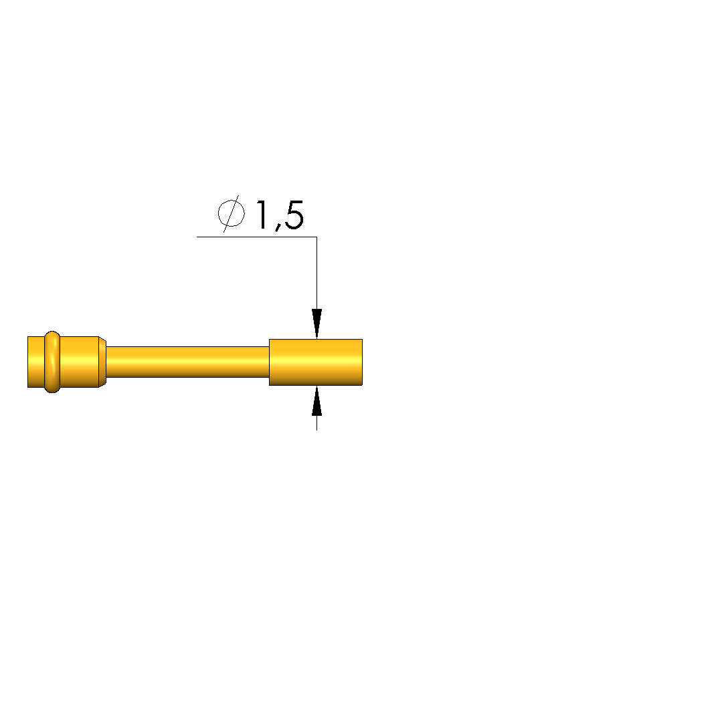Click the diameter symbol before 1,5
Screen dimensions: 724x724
(231, 214)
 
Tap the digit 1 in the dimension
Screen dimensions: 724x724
(262, 215)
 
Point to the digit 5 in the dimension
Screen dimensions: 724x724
(294, 215)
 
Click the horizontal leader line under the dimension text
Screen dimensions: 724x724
(257, 237)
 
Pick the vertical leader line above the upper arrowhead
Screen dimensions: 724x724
(316, 273)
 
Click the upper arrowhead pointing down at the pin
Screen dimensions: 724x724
(316, 324)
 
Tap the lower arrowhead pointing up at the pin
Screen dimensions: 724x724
(316, 400)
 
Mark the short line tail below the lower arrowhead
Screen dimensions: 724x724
(316, 423)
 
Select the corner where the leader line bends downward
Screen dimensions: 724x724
(316, 237)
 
